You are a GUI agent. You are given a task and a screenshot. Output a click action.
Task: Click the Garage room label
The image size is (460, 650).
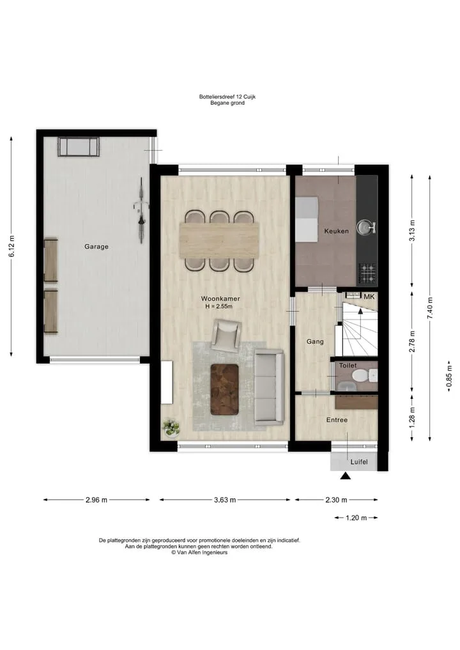pyautogui.click(x=96, y=247)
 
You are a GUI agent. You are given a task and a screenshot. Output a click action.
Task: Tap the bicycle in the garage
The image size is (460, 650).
pyautogui.click(x=141, y=210)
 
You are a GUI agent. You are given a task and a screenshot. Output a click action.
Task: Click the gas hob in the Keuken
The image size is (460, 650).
pyautogui.click(x=367, y=274)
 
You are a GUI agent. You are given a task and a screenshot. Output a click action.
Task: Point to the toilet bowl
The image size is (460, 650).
pyautogui.click(x=362, y=376)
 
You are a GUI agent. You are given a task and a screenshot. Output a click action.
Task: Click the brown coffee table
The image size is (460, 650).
pyautogui.click(x=225, y=389)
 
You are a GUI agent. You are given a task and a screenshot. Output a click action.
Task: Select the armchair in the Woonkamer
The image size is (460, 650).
pyautogui.click(x=226, y=334)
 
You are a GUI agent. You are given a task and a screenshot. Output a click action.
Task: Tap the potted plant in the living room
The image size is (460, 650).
pyautogui.click(x=171, y=428)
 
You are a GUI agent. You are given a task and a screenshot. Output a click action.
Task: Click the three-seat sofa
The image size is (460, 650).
pyautogui.click(x=269, y=387)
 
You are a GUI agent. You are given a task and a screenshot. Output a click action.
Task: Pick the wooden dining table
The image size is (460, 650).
pyautogui.click(x=220, y=240)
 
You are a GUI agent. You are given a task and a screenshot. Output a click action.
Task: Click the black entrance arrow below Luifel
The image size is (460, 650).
pyautogui.click(x=345, y=476)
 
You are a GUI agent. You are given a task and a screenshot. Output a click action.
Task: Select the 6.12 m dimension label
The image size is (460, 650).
pyautogui.click(x=11, y=246)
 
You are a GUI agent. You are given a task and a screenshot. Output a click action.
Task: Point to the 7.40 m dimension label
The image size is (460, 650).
pyautogui.click(x=430, y=309)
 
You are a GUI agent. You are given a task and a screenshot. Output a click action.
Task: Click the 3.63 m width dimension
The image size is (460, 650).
pyautogui.click(x=225, y=500)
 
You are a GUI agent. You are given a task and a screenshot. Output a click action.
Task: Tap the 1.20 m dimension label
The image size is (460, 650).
pyautogui.click(x=356, y=518)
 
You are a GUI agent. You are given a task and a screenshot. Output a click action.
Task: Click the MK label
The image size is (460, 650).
pyautogui.click(x=369, y=297)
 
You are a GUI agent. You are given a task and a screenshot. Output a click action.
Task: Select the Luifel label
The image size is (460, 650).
pyautogui.click(x=359, y=462)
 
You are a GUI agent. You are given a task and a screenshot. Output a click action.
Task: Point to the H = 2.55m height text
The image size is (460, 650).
pyautogui.click(x=218, y=306)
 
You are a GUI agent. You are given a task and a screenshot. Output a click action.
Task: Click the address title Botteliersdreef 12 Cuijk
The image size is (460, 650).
pyautogui.click(x=227, y=97)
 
